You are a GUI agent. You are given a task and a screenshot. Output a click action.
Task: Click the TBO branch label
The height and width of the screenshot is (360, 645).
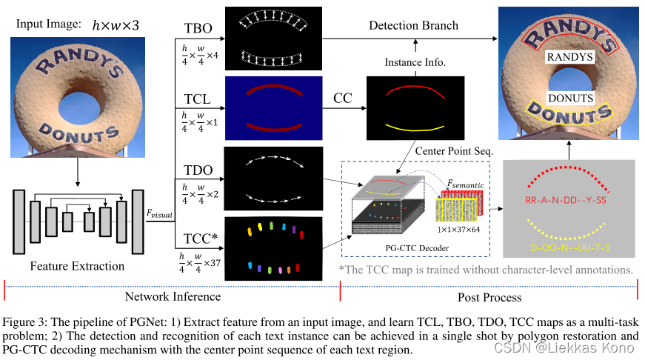pos(198,29)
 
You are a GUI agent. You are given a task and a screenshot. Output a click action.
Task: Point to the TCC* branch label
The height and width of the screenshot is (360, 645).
pos(201,239)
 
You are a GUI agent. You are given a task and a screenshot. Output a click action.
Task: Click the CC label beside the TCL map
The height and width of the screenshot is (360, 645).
pos(342,98)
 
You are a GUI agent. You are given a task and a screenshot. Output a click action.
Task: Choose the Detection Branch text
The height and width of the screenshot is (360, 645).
pos(413,25)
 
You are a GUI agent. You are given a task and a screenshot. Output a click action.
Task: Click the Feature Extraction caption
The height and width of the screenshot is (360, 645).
pos(78,265)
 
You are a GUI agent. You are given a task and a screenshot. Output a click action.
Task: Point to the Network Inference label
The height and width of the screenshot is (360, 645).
pos(173,296)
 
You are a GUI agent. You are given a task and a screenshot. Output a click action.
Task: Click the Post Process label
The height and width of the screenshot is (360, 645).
pos(489,296)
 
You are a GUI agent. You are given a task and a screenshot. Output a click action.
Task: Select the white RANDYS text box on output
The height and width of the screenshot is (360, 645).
pos(570,56)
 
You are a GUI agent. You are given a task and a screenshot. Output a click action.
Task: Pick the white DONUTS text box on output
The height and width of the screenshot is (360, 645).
pos(570,97)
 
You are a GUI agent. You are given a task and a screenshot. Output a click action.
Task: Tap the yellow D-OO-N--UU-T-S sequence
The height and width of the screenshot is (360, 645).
pos(570,245)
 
